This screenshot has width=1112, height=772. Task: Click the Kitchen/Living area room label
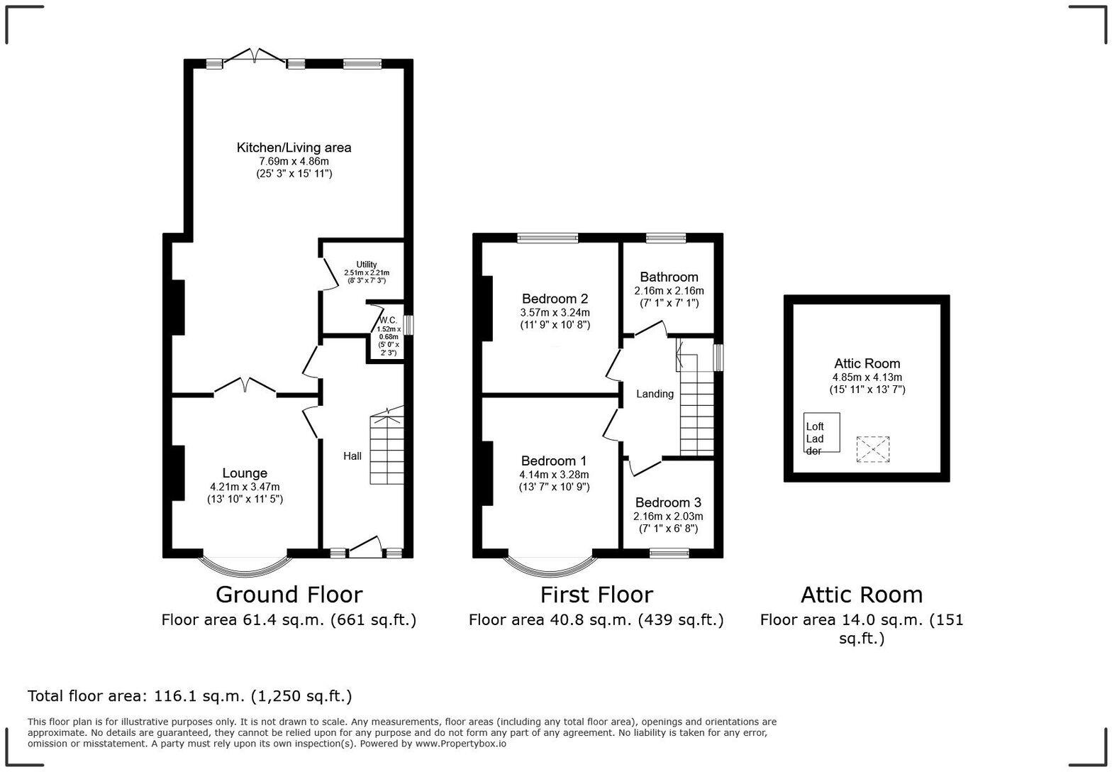[x=294, y=148]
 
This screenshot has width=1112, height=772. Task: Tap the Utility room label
[x=366, y=265]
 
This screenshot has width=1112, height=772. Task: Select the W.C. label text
[x=388, y=319]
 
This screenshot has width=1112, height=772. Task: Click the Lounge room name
[x=245, y=473]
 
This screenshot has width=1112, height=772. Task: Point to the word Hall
[x=352, y=456]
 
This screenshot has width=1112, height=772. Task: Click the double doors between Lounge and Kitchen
[x=245, y=385]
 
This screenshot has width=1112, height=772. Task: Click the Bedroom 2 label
[x=555, y=299]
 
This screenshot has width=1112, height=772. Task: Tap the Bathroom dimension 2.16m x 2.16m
[x=669, y=291]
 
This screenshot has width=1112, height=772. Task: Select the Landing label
[x=655, y=394]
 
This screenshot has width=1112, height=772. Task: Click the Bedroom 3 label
[x=668, y=503]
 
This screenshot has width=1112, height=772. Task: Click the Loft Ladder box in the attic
[x=821, y=433]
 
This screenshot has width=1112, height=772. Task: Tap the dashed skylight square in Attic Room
[x=872, y=449]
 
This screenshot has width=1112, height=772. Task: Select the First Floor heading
[x=596, y=595]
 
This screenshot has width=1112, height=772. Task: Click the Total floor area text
[x=189, y=696]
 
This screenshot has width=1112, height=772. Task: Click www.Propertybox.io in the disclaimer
[x=460, y=744]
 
